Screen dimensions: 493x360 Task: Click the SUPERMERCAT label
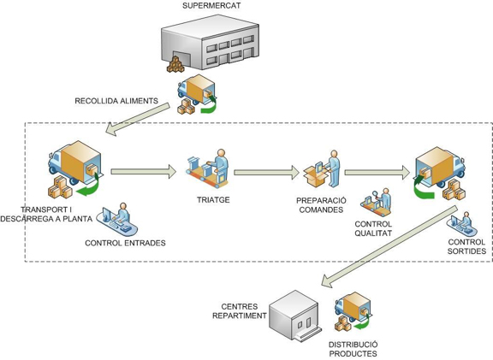211,5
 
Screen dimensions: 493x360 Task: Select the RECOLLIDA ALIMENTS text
116,101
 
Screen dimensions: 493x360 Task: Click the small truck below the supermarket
197,94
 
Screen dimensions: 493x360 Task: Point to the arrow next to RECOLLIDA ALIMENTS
138,119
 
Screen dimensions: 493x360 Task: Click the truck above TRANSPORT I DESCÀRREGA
75,169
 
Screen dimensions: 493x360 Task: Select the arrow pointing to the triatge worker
144,172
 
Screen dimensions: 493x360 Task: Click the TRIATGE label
213,200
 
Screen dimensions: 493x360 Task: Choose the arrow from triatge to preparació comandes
267,173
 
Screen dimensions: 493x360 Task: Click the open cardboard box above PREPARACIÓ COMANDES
315,176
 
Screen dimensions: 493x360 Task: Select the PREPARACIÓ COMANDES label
321,205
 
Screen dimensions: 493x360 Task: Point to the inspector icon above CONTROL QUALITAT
376,202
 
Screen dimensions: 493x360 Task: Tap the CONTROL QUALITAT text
373,228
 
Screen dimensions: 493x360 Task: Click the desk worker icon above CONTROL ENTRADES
117,219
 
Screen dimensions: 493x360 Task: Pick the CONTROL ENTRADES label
125,243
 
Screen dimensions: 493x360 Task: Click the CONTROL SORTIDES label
467,246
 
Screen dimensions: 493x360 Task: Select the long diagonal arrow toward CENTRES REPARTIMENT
389,246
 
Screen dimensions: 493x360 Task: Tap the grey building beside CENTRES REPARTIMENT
295,316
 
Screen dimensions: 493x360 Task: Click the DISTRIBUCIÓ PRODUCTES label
353,349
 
